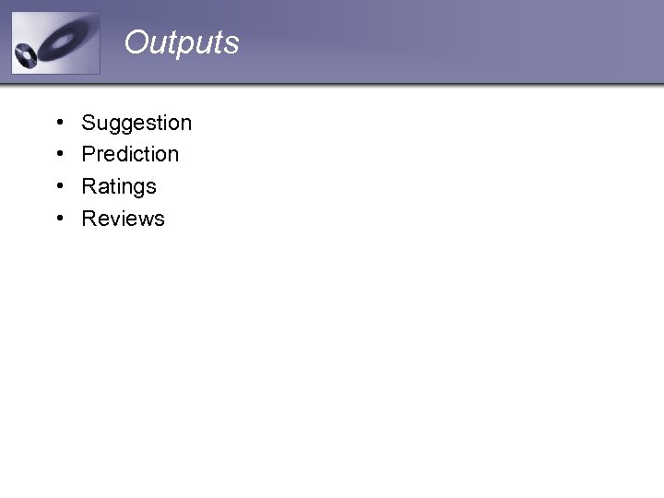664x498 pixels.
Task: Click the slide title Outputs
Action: [182, 42]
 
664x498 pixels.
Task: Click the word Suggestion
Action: [136, 123]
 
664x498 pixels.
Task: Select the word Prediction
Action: [130, 154]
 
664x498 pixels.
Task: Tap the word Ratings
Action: [119, 186]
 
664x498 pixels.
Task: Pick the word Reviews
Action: [123, 219]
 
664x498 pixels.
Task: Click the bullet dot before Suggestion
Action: [58, 123]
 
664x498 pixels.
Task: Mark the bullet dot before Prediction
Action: [58, 154]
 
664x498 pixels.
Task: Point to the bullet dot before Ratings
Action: [58, 186]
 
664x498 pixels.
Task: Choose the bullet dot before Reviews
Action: [58, 219]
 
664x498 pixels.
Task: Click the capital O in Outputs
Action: [136, 42]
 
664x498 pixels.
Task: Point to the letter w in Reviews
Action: [143, 219]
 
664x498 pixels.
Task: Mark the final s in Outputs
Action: [232, 44]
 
